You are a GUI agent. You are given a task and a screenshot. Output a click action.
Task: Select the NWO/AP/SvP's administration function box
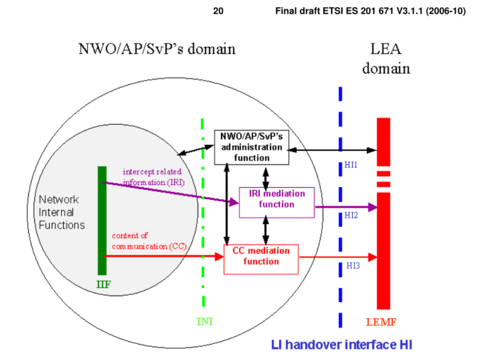(x=250, y=147)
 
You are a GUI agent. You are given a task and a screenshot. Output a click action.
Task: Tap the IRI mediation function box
(x=276, y=202)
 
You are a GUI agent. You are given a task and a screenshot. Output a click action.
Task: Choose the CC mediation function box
(x=261, y=259)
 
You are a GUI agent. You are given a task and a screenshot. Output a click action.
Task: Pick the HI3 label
(x=352, y=266)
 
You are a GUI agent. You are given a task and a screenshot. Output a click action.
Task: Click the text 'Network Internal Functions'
(x=62, y=212)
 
